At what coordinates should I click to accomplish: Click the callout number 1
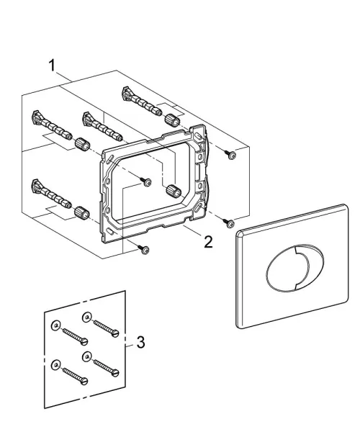pos(52,66)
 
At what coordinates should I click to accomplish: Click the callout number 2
pos(208,242)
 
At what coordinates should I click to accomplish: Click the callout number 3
pos(140,343)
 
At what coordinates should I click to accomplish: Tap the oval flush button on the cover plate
pos(294,268)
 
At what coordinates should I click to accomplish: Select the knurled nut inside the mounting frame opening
pos(174,190)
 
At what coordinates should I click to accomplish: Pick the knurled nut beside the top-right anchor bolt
pos(172,120)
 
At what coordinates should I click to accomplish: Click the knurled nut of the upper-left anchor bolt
pos(82,143)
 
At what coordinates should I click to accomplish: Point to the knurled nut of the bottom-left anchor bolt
pos(82,212)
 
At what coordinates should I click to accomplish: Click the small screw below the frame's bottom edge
pos(144,249)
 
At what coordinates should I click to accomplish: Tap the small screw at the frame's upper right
pos(231,155)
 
